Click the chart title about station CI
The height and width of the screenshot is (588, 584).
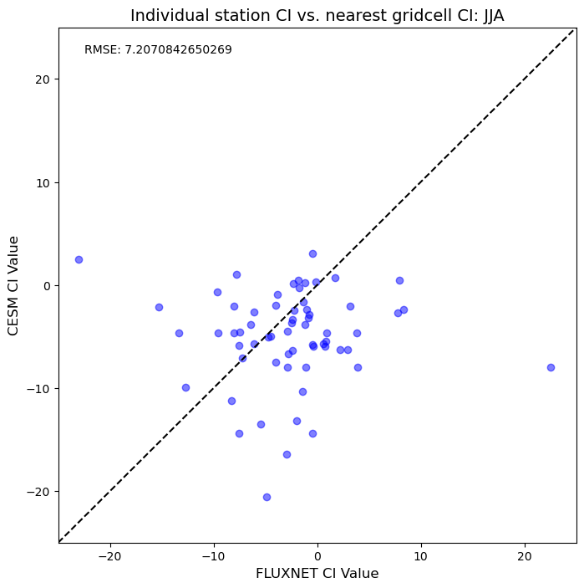click(317, 16)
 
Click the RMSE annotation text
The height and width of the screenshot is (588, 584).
click(158, 49)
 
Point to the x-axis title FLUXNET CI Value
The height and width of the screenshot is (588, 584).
click(317, 574)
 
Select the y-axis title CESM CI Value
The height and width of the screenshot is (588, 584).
click(13, 286)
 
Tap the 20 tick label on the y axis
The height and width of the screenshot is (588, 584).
click(42, 79)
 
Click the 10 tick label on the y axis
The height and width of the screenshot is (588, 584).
click(43, 182)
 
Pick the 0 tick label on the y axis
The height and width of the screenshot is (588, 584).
click(47, 286)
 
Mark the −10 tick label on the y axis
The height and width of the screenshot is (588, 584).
click(38, 389)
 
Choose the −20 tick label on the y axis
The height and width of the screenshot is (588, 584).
click(38, 492)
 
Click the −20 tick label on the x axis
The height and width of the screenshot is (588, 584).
click(110, 556)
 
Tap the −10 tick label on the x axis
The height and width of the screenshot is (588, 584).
click(214, 556)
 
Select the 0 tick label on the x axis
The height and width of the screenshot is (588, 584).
click(317, 556)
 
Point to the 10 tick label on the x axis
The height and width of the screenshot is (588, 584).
click(421, 556)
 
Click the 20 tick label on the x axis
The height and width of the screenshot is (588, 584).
click(525, 556)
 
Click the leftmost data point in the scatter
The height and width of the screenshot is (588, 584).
click(79, 259)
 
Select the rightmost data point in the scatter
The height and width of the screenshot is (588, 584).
click(551, 367)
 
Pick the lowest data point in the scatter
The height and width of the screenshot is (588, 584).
click(267, 498)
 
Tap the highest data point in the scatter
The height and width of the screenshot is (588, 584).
click(312, 254)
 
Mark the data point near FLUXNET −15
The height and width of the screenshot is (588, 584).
click(160, 308)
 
